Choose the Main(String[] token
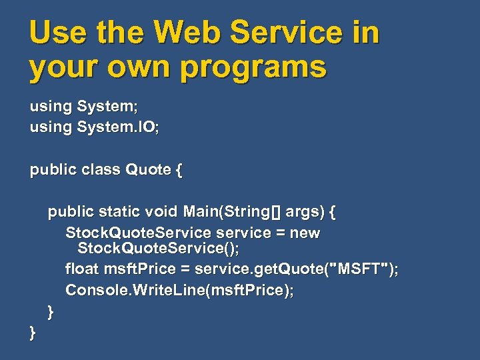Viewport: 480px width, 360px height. [231, 212]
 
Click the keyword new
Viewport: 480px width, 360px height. [305, 233]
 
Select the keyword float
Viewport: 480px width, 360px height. [82, 269]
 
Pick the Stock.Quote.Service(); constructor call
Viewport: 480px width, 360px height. [159, 249]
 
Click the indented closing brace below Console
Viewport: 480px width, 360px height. [51, 311]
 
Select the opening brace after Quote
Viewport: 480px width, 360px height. [178, 170]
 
